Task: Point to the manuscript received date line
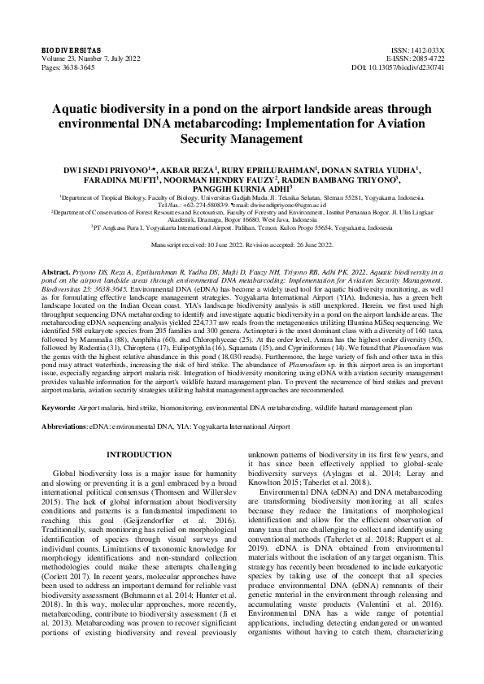pyautogui.click(x=241, y=245)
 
